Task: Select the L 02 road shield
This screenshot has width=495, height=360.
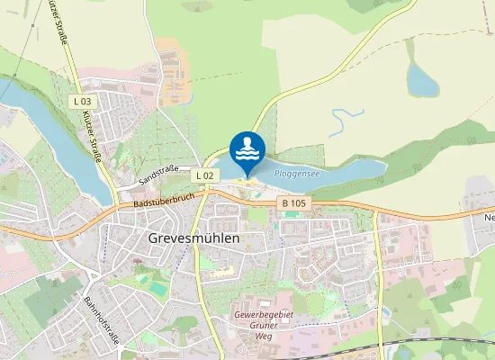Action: tap(206, 175)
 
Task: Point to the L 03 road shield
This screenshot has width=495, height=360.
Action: tap(82, 102)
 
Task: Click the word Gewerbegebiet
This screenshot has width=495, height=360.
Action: tap(265, 313)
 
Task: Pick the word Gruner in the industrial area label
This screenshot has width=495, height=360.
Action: tap(265, 326)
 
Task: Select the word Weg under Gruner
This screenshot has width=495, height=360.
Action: tap(265, 338)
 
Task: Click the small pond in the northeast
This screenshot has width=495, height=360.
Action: tap(421, 80)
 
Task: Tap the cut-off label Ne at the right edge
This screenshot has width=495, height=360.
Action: tap(489, 218)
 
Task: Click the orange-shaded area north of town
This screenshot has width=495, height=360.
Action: tap(175, 58)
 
